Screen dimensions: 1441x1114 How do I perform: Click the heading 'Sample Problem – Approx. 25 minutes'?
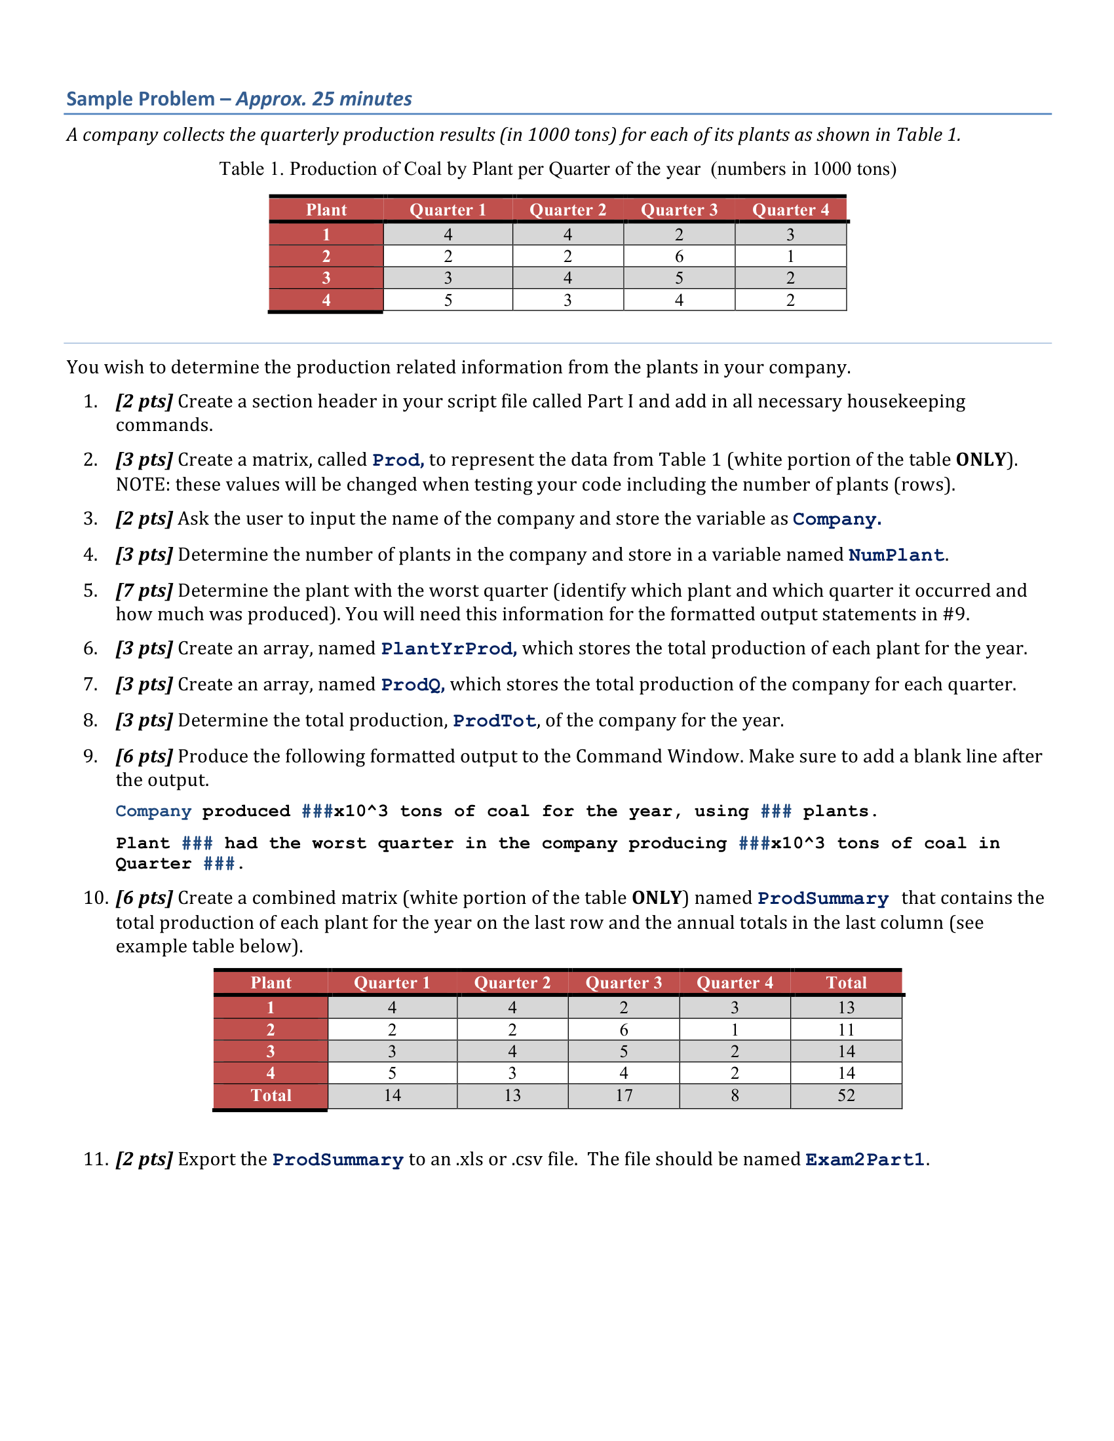pos(239,99)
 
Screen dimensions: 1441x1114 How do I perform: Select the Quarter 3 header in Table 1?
pos(678,210)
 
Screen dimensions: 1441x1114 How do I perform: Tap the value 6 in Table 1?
pos(678,256)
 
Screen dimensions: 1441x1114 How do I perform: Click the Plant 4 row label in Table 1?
pos(326,300)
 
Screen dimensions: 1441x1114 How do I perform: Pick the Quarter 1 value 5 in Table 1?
pos(448,300)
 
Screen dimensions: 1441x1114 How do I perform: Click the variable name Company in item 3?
pos(835,519)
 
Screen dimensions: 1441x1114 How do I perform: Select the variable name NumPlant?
pos(896,555)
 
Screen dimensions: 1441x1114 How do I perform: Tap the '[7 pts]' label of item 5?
pos(144,591)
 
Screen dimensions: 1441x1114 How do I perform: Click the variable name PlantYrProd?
pos(448,648)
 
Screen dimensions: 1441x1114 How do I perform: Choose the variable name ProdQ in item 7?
pos(412,685)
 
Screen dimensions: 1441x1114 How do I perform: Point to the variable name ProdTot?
pos(493,720)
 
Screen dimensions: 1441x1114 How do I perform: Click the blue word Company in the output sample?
pos(153,811)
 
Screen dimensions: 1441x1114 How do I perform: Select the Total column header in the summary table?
pos(846,982)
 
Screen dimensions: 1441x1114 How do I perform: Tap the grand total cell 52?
pos(846,1095)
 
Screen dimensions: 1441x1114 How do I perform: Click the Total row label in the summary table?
pos(271,1095)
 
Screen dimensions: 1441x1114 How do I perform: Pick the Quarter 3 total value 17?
pos(624,1095)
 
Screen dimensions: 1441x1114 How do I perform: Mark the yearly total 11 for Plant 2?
pos(846,1029)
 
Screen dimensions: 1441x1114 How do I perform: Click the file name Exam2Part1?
pos(864,1160)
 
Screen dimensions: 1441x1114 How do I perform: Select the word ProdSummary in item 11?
pos(338,1160)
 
